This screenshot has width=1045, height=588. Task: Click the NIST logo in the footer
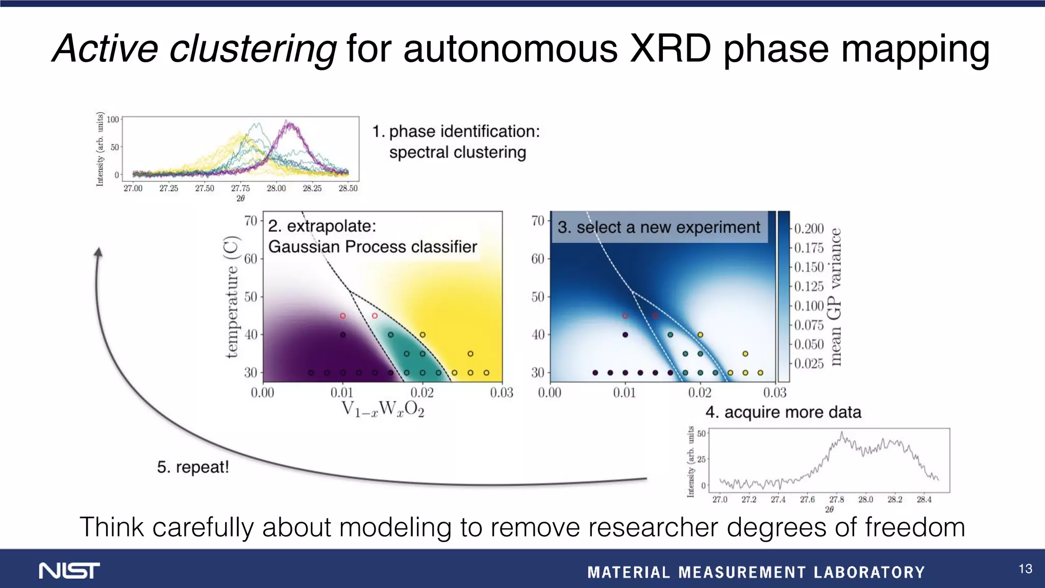(69, 571)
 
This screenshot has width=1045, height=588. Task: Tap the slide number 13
(1025, 569)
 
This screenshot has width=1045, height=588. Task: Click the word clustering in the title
(252, 49)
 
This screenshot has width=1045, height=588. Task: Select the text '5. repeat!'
(193, 467)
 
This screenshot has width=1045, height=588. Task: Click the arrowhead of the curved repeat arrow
(98, 252)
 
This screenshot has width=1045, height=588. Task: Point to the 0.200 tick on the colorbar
(809, 229)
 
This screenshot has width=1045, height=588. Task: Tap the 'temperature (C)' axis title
(232, 297)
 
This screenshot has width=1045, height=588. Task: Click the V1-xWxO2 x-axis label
(382, 409)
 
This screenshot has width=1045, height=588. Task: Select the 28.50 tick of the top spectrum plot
(348, 188)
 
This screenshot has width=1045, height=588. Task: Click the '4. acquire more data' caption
(783, 412)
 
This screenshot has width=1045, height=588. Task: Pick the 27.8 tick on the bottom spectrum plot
(836, 500)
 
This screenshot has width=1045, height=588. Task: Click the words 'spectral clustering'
(457, 152)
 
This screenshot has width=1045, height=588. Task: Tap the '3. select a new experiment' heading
(659, 227)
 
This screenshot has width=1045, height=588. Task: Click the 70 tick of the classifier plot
(251, 221)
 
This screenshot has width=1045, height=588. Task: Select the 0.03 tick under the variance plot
(775, 393)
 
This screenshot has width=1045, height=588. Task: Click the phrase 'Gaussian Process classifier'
(372, 247)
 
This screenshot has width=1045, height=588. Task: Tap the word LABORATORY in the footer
(869, 572)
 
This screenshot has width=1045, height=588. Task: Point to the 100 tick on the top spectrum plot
(112, 119)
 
